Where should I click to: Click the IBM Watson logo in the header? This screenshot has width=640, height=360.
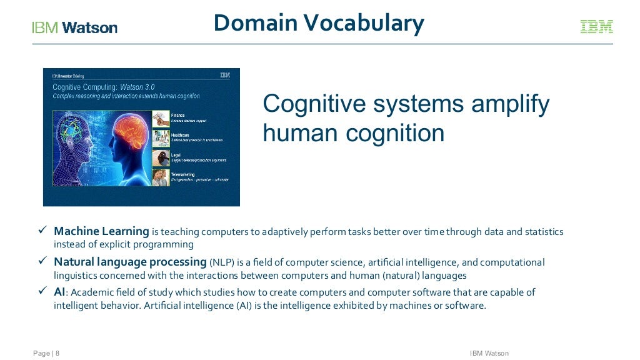coord(74,27)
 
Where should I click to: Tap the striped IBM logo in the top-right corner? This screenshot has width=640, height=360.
coord(596,27)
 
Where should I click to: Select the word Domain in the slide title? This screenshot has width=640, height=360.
coord(255,23)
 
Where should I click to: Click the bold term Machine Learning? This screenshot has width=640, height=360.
coord(101,232)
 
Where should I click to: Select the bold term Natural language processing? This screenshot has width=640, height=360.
coord(130,262)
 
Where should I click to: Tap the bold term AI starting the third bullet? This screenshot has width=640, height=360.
coord(60,292)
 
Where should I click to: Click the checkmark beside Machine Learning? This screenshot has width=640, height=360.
coord(43,231)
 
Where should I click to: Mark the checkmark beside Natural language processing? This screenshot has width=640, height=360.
coord(43,261)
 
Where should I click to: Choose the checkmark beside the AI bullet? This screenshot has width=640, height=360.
coord(43,292)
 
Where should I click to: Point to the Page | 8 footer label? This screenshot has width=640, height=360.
coord(46,354)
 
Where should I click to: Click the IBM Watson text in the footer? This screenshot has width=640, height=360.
coord(489,354)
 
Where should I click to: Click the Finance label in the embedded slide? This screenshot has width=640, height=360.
coord(178,116)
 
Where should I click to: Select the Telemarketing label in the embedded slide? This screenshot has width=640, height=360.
coord(183,174)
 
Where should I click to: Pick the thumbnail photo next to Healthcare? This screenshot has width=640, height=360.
coord(161,138)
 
